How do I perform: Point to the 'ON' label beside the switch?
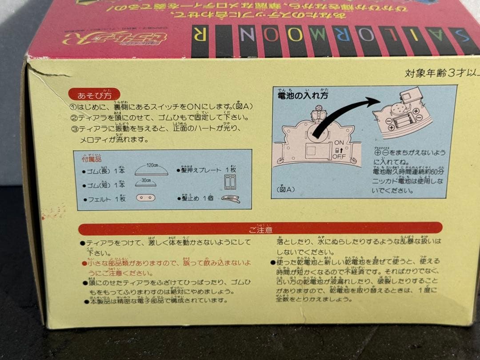(x=339, y=143)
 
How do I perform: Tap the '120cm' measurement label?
(x=153, y=165)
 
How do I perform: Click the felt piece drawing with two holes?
(x=145, y=197)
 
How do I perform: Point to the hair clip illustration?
(x=230, y=199)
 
